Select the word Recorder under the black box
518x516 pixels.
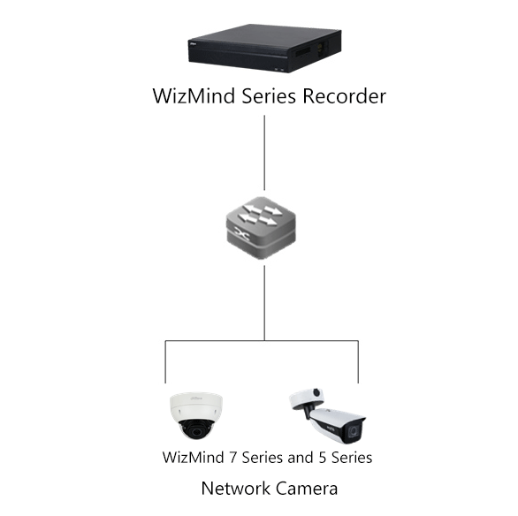pos(341,96)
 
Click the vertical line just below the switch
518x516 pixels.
pos(265,300)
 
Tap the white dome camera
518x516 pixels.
pos(196,414)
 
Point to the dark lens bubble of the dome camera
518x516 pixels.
pos(196,429)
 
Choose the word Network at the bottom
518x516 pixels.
pos(235,488)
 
